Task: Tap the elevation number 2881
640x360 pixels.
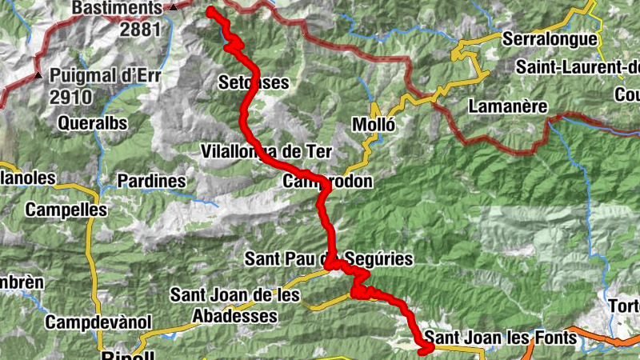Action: tap(141, 29)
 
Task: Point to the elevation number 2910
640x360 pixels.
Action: tap(71, 97)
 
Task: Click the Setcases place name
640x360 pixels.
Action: tap(253, 82)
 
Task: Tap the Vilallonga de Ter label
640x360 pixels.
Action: tap(267, 151)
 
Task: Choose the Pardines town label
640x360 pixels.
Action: tap(151, 182)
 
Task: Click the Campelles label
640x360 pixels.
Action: tap(66, 210)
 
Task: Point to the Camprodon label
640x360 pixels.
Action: tap(327, 182)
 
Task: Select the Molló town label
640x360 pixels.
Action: tap(374, 124)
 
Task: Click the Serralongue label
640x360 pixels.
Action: tap(550, 38)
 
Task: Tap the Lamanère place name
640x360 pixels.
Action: tap(508, 106)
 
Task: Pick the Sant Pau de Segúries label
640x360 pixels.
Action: tap(329, 258)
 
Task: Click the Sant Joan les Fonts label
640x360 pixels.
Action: tap(500, 338)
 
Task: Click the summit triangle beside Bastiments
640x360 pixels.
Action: tap(174, 8)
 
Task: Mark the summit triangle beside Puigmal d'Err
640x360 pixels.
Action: tap(38, 76)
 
